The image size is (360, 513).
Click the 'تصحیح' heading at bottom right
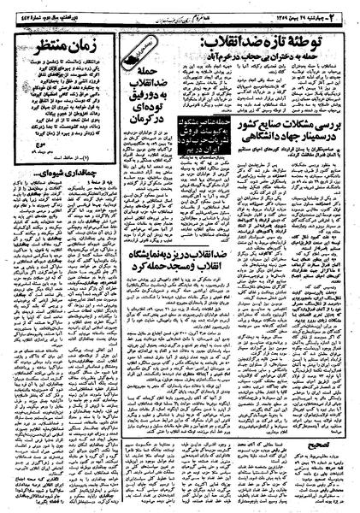(312, 445)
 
